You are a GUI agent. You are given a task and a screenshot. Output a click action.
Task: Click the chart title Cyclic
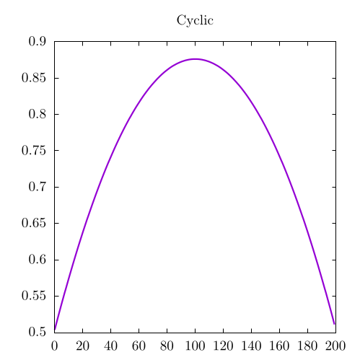[195, 21]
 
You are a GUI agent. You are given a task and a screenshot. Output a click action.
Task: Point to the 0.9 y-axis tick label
[38, 41]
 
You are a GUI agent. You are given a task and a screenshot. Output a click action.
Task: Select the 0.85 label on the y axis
[34, 78]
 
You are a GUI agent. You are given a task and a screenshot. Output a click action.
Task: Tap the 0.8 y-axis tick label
[38, 114]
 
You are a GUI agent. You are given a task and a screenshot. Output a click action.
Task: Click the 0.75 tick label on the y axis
[34, 151]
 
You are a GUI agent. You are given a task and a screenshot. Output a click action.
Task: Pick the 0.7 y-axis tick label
[38, 187]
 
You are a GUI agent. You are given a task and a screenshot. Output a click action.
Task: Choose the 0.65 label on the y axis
[34, 223]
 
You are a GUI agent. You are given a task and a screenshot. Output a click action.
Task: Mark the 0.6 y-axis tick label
[38, 260]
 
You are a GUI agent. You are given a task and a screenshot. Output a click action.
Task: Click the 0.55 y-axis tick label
[34, 296]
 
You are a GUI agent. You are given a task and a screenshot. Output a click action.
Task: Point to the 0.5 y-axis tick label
[38, 333]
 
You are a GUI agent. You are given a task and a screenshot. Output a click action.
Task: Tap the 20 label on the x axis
[83, 346]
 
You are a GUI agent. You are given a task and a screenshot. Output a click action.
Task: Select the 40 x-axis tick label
[110, 346]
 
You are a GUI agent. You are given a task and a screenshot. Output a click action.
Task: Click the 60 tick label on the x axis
[139, 346]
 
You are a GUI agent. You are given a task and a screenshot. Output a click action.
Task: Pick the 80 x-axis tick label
[167, 346]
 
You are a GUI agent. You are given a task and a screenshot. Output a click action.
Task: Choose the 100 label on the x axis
[195, 346]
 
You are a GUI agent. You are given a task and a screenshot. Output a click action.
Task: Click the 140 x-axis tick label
[251, 346]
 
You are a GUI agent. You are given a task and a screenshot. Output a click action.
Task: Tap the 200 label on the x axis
[335, 346]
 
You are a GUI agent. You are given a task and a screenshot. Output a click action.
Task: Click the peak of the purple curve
[195, 59]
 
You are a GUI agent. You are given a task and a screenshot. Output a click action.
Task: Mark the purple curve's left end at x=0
[55, 329]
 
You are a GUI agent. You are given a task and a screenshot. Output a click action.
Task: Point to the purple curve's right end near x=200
[334, 324]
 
